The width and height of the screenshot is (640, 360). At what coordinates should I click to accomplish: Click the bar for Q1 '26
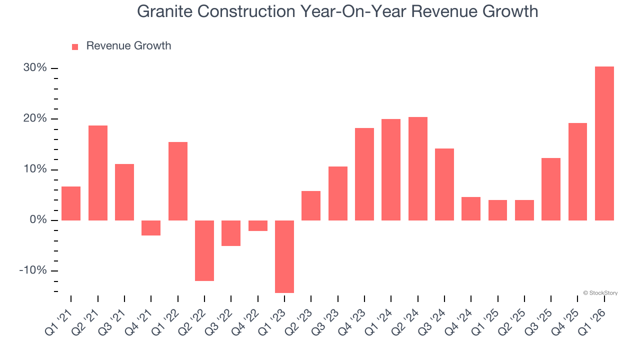tap(604, 143)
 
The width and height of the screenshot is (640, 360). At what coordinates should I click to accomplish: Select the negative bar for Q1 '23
tap(284, 256)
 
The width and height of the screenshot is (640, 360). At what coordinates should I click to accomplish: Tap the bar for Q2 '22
tap(204, 250)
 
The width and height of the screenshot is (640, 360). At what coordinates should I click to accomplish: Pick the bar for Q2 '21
tap(98, 173)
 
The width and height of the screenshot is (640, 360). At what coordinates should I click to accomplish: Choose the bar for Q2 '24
tap(417, 168)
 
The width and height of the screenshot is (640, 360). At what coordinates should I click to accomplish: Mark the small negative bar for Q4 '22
tap(258, 225)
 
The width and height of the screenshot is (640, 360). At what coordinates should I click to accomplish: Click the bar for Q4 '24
tap(471, 208)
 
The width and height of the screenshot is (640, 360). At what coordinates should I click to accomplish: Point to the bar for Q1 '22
tap(178, 181)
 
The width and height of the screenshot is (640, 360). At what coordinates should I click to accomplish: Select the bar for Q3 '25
tap(551, 189)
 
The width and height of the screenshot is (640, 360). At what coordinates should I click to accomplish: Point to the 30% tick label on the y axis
tap(35, 68)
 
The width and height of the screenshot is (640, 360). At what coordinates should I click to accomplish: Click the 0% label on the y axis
tap(38, 220)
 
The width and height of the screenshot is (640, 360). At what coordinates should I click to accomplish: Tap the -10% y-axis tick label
tap(33, 270)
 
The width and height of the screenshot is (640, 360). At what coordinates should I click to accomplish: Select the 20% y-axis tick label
tap(35, 118)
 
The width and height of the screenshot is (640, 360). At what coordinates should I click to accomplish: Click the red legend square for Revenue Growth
tap(75, 46)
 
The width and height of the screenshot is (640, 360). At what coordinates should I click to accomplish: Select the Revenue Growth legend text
tap(128, 46)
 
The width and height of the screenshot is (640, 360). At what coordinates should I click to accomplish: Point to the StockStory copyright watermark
tap(600, 293)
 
